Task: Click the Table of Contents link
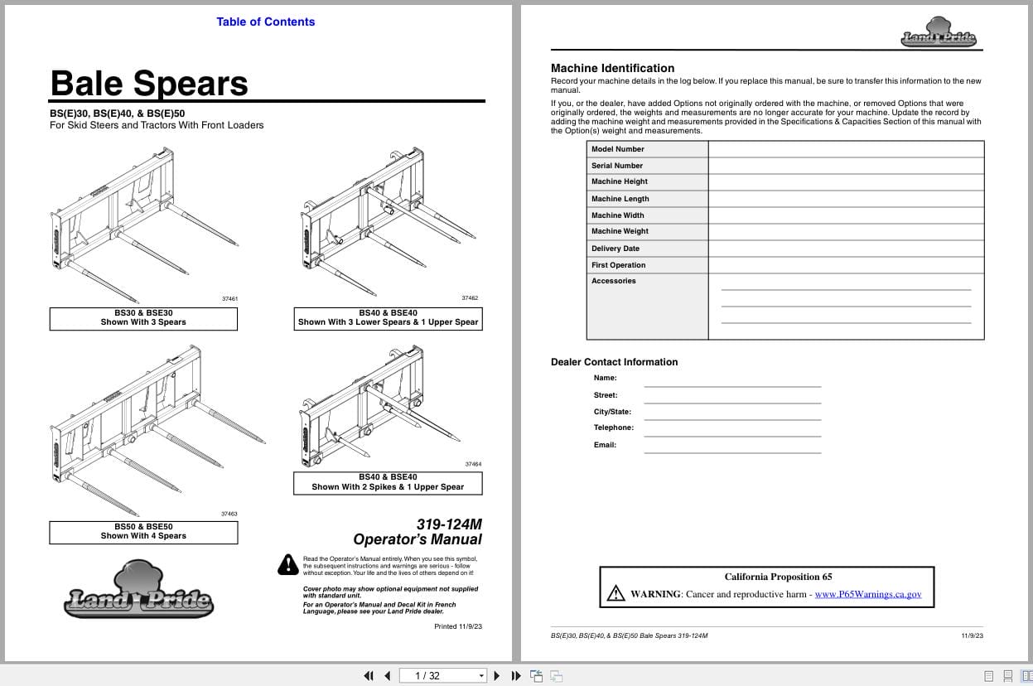click(x=265, y=22)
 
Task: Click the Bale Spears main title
click(x=149, y=84)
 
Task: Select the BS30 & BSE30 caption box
click(x=143, y=318)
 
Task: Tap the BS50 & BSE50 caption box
click(x=143, y=531)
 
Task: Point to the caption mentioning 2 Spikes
click(x=388, y=482)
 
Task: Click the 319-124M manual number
click(x=449, y=524)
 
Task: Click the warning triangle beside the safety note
click(x=287, y=564)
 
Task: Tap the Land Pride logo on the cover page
click(x=138, y=592)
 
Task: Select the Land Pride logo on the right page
click(x=939, y=33)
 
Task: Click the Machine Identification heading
click(x=612, y=68)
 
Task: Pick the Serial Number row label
click(x=616, y=166)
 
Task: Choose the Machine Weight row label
click(x=620, y=231)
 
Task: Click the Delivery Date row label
click(x=615, y=249)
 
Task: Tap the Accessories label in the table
click(x=613, y=281)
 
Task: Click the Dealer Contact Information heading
click(x=614, y=362)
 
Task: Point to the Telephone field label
click(x=613, y=428)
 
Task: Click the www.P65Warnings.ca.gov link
click(x=867, y=594)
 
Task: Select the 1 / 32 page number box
click(x=443, y=675)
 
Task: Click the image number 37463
click(x=229, y=514)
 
